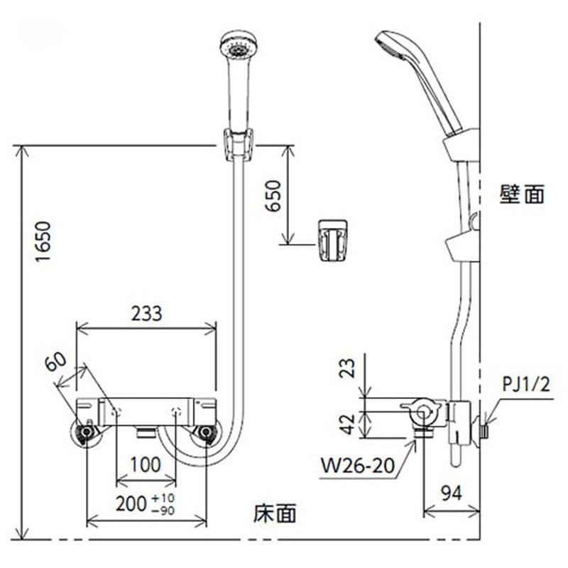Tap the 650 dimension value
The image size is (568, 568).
click(273, 195)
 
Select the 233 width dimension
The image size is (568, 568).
click(146, 312)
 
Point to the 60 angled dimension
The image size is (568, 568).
click(58, 364)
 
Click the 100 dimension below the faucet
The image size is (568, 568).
click(146, 466)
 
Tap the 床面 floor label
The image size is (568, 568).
click(275, 513)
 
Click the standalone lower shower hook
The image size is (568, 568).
click(331, 240)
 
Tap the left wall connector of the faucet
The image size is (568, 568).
click(87, 432)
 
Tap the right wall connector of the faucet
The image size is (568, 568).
click(207, 432)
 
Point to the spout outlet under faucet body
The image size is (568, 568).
click(146, 430)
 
